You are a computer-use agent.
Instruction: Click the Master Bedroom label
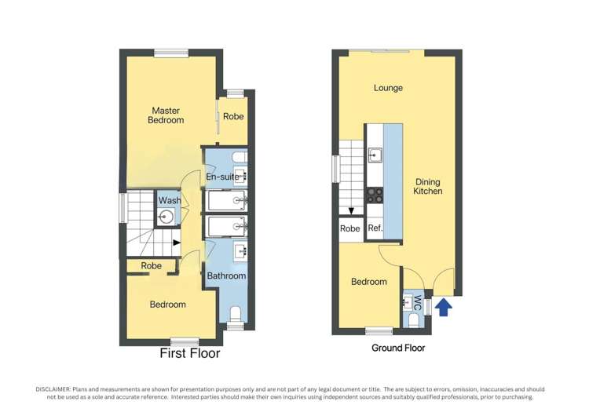[x=166, y=115]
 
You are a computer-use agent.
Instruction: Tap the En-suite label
[x=222, y=177]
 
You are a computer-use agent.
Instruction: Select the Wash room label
[x=170, y=201]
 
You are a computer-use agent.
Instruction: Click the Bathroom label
[x=226, y=276]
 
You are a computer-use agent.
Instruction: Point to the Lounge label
[x=388, y=88]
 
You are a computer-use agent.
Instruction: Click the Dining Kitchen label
[x=428, y=186]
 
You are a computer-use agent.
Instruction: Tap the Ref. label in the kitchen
[x=375, y=229]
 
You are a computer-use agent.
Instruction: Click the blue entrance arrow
[x=444, y=306]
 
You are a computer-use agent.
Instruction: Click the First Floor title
[x=190, y=354]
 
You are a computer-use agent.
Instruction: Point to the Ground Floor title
[x=398, y=348]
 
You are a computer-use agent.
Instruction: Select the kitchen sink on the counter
[x=375, y=154]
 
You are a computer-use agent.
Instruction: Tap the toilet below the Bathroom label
[x=234, y=316]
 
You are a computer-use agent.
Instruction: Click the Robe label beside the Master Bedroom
[x=233, y=116]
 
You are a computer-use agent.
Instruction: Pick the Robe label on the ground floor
[x=349, y=229]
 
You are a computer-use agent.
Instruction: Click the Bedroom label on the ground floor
[x=368, y=282]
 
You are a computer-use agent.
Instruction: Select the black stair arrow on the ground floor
[x=351, y=210]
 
